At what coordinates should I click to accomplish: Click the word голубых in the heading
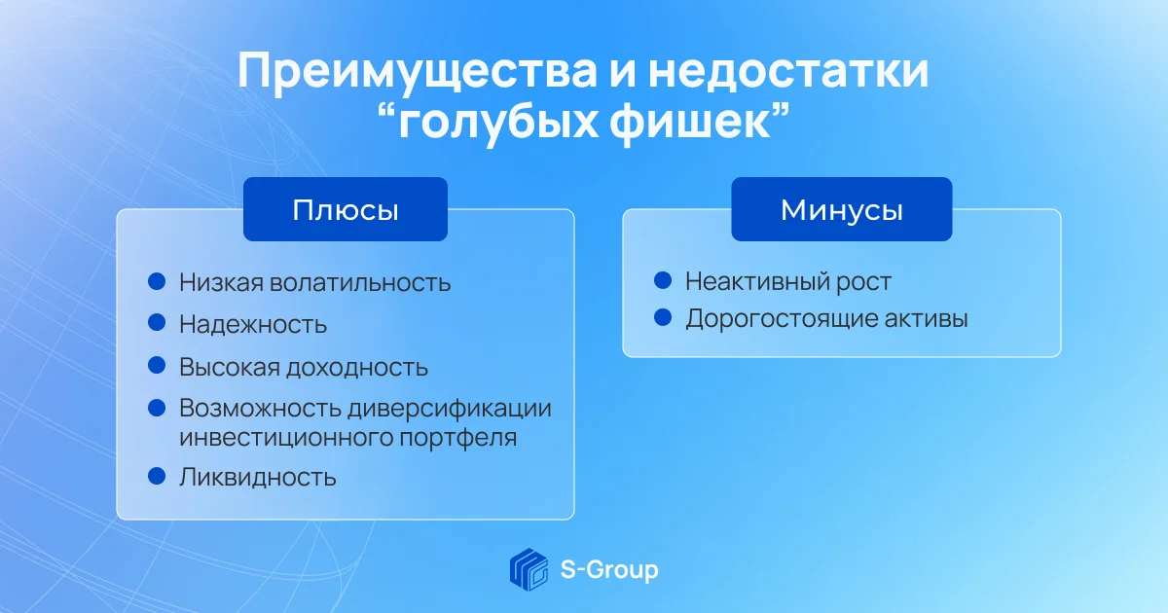(498, 126)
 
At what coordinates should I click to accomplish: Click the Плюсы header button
(346, 209)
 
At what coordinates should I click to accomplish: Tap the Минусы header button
(842, 209)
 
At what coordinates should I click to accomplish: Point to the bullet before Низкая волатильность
(157, 281)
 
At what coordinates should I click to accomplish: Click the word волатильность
(360, 282)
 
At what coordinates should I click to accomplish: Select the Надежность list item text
(253, 324)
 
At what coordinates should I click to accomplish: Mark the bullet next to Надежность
(157, 322)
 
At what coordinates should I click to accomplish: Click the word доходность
(357, 368)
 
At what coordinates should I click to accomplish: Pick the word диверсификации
(450, 408)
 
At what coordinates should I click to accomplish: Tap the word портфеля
(457, 437)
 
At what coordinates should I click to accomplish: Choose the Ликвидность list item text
(258, 477)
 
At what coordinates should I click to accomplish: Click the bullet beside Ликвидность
(157, 476)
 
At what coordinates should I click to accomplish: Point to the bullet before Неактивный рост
(663, 280)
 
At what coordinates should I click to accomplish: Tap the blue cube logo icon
(529, 569)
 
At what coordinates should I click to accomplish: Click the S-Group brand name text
(609, 570)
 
